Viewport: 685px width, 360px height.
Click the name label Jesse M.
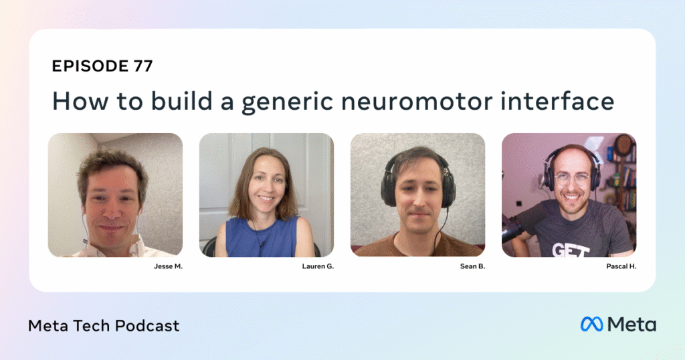168,266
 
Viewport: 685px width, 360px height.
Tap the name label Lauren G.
318,266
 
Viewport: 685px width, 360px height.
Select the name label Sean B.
473,266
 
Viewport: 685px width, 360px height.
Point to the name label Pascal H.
621,266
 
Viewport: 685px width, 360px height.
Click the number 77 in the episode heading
143,66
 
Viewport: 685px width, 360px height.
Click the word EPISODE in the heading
90,66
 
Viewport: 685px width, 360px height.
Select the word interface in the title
557,100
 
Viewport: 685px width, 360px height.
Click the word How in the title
80,101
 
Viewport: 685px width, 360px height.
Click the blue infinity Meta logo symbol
591,324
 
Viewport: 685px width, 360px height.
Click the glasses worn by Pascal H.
573,179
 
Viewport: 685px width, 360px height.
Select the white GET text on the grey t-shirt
571,250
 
